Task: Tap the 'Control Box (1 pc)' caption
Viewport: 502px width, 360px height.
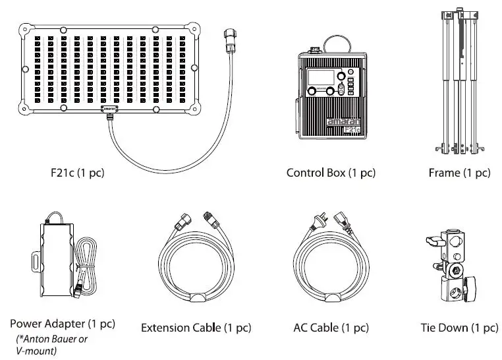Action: [331, 173]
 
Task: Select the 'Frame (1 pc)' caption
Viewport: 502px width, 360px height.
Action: [459, 173]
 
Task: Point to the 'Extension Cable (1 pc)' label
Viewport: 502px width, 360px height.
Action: [196, 328]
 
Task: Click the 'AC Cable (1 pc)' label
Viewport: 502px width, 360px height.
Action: [331, 328]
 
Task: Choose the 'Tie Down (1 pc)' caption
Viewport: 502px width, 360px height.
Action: [459, 328]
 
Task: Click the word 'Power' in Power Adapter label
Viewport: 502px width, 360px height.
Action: [24, 324]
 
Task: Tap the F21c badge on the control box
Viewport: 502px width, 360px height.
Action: [352, 130]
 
